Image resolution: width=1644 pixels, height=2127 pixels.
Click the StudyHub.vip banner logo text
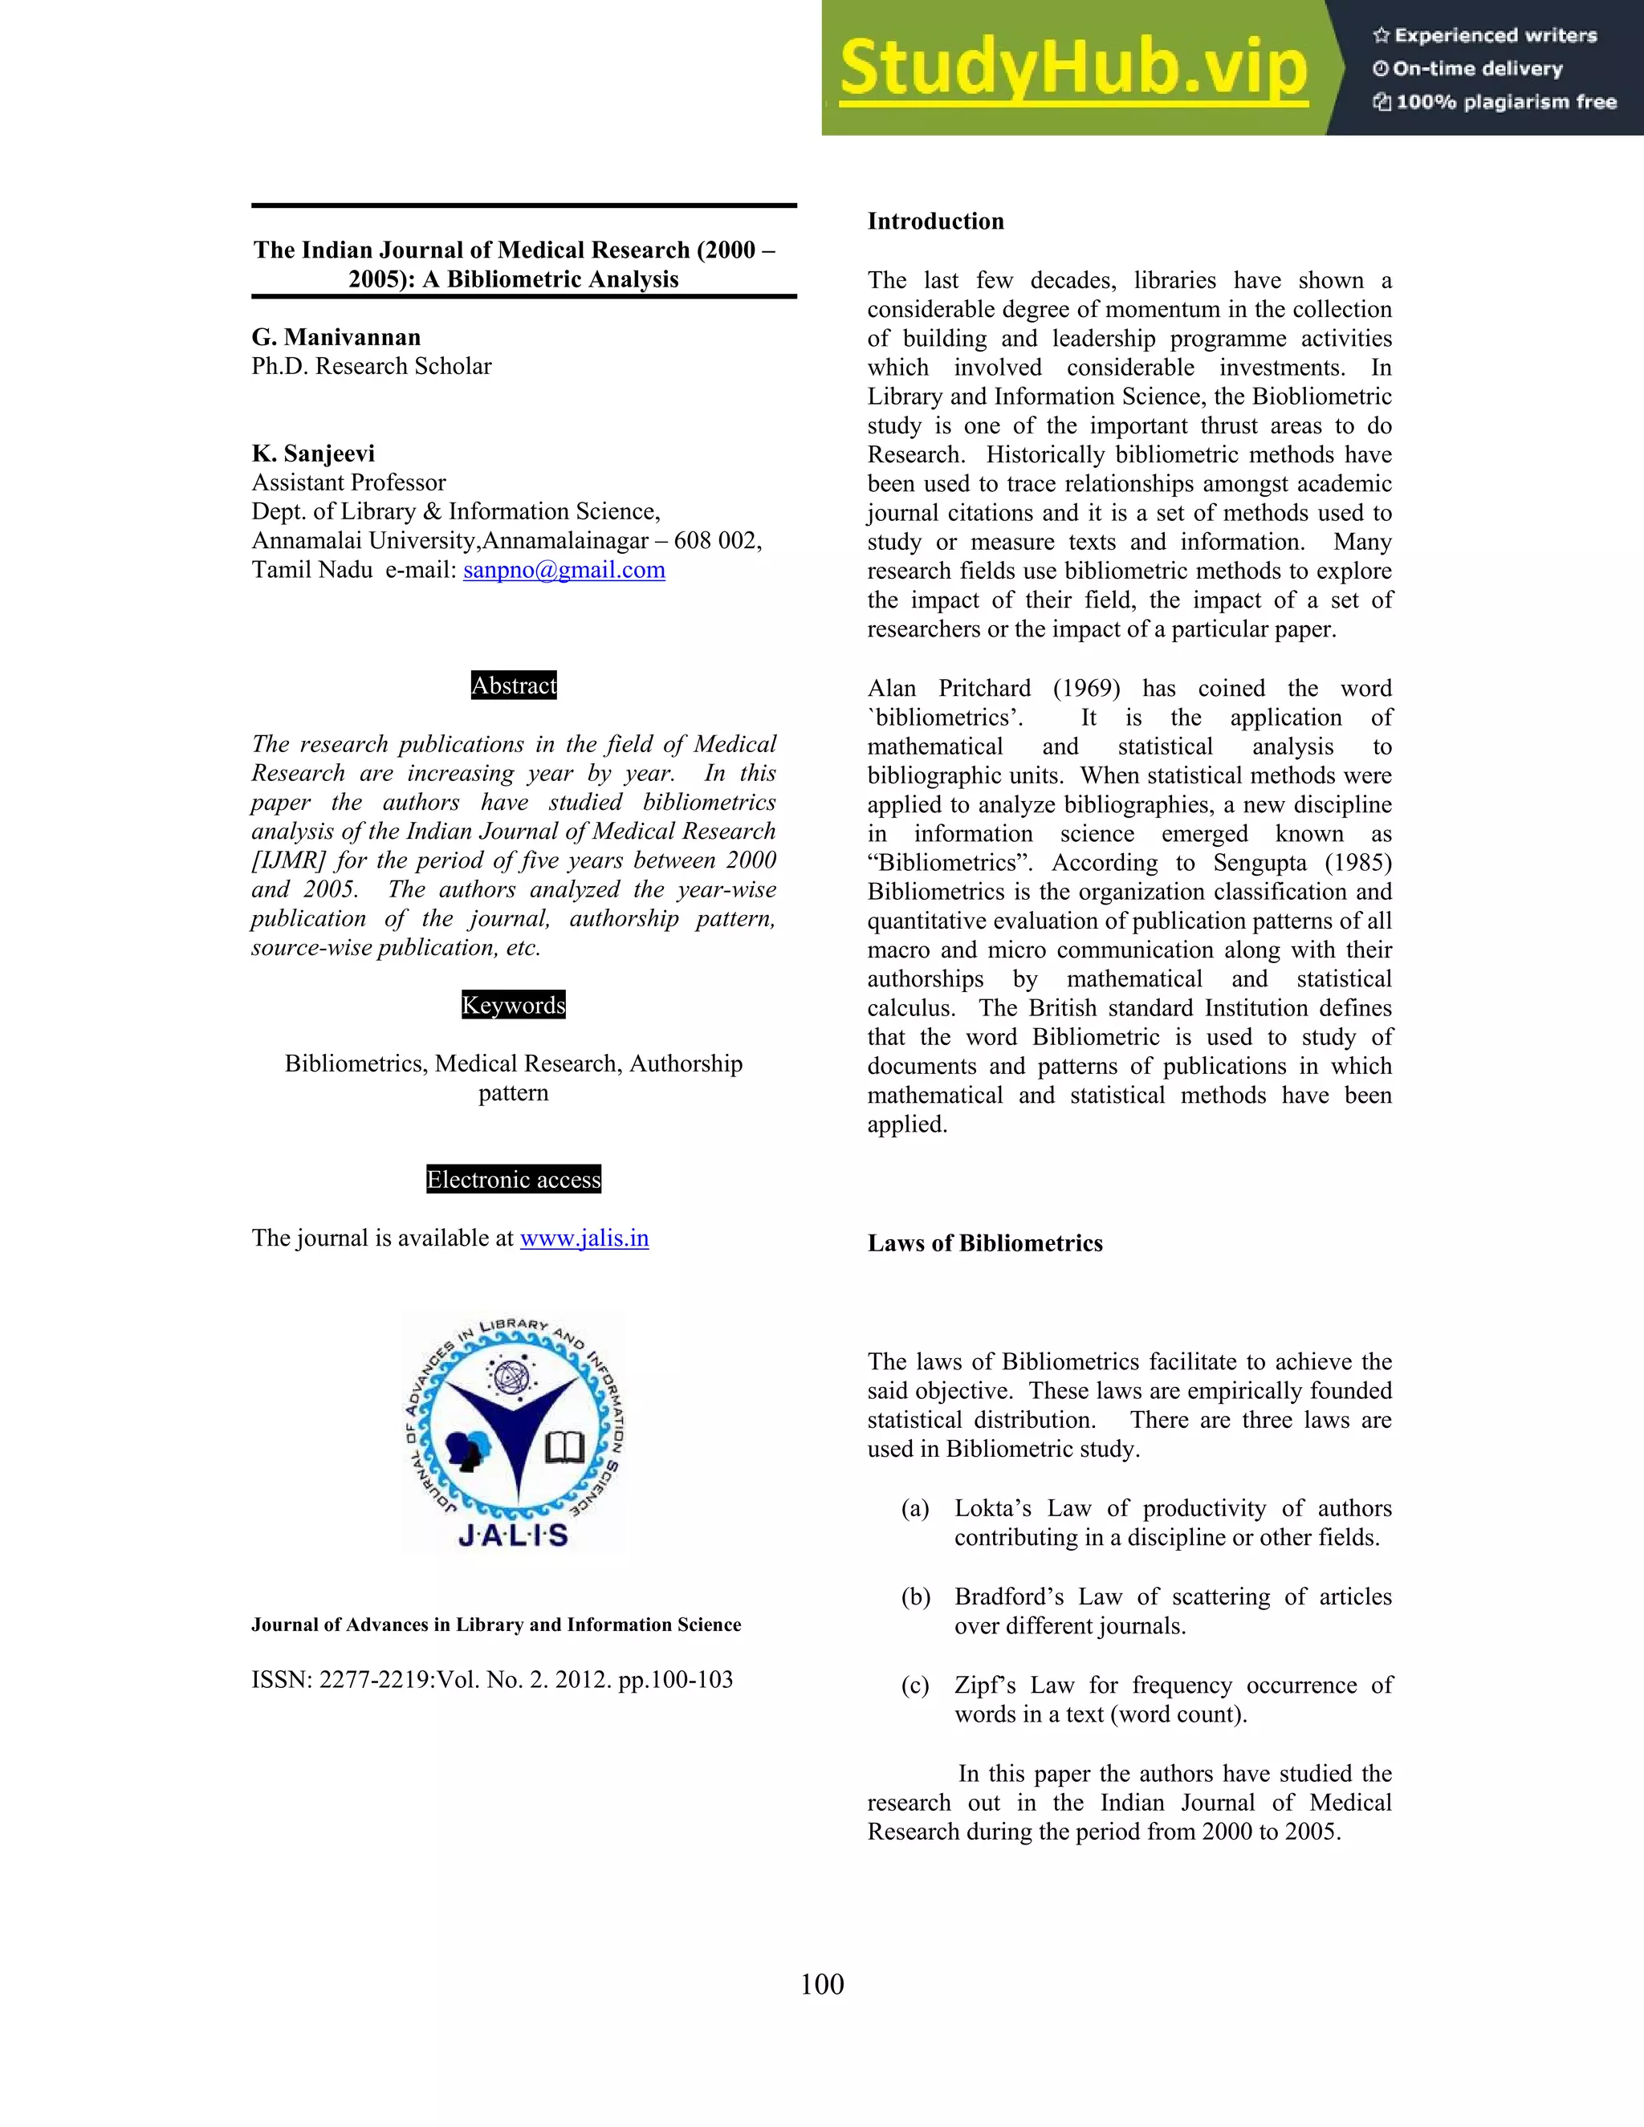pos(1072,68)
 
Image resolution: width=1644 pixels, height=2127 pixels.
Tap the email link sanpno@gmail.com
pos(564,570)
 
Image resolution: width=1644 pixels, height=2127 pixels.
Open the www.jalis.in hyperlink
pos(584,1238)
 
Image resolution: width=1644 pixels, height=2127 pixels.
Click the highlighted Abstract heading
pos(513,685)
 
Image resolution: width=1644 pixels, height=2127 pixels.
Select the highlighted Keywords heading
pos(513,1005)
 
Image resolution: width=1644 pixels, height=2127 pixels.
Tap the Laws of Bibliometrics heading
pos(985,1242)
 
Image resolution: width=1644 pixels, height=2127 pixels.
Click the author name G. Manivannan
pos(336,337)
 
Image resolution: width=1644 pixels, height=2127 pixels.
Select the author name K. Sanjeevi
pos(312,453)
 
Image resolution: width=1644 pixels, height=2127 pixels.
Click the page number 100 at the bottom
pos(822,1984)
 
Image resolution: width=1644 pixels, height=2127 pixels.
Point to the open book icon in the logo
pos(565,1447)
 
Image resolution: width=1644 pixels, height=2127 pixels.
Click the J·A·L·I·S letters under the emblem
pos(513,1535)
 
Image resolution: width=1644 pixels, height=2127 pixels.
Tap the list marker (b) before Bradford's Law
pos(914,1596)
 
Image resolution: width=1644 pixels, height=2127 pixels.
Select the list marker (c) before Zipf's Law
pos(914,1685)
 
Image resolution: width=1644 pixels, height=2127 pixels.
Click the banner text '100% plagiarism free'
pos(1506,101)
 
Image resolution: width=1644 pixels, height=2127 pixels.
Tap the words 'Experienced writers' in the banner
pos(1495,35)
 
